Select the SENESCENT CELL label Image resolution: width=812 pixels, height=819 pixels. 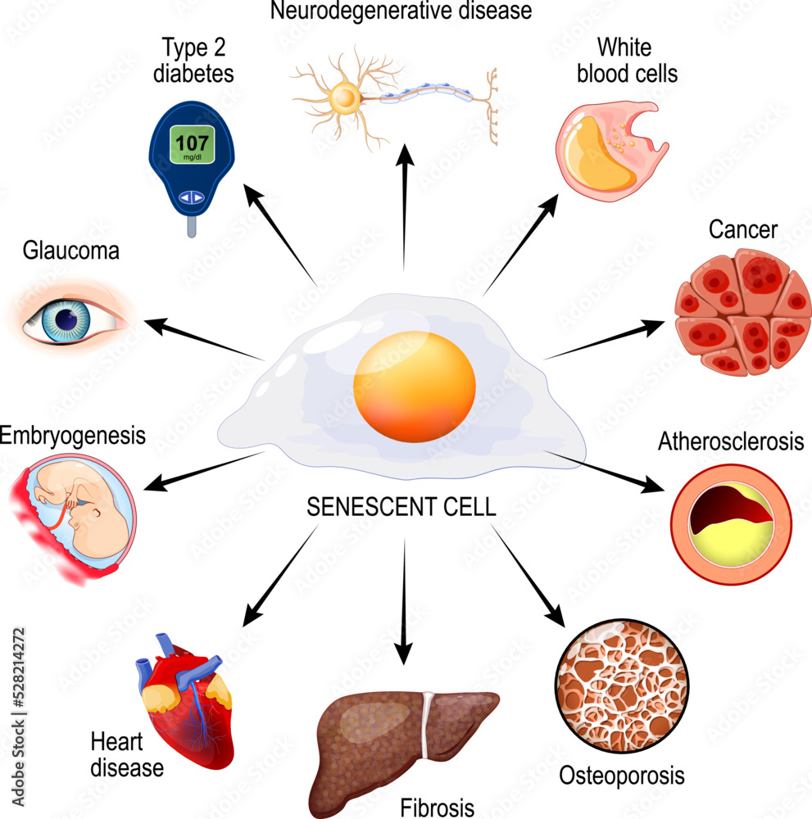[x=401, y=507]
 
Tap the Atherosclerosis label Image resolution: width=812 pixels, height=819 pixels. [x=730, y=443]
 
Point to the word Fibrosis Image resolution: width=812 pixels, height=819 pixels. [x=437, y=808]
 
